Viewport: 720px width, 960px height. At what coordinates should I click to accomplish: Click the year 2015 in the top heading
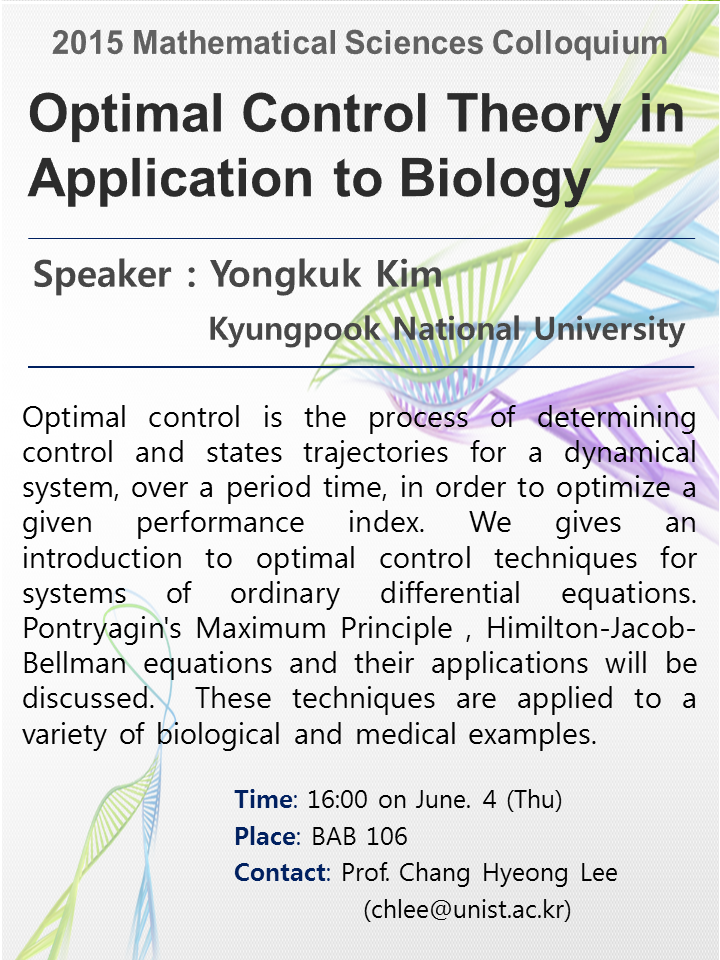tap(88, 43)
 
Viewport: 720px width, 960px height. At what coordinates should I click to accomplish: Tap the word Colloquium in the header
tap(579, 44)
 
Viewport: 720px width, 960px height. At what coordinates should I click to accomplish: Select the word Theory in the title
tap(533, 115)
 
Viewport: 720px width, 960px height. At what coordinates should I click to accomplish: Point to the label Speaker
tap(102, 275)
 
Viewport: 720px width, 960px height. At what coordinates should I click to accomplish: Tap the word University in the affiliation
tap(609, 330)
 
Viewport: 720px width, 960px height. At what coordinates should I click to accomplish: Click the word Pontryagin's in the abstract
tap(102, 630)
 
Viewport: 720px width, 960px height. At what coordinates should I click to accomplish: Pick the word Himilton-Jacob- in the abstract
tap(591, 628)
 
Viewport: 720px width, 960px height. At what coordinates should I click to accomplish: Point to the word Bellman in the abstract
tap(74, 664)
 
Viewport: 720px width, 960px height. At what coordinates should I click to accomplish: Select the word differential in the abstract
tap(450, 593)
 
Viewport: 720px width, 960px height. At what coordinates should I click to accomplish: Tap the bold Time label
tap(264, 800)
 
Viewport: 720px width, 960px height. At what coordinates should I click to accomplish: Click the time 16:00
tap(337, 800)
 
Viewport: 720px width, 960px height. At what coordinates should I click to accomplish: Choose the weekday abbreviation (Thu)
tap(534, 800)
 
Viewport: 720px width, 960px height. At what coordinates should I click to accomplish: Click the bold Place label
tap(266, 836)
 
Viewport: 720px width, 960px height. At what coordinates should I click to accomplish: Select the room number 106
tap(387, 836)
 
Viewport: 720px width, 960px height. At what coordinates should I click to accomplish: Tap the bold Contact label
tap(280, 872)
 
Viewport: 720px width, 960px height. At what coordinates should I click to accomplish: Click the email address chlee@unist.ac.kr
tap(467, 910)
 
